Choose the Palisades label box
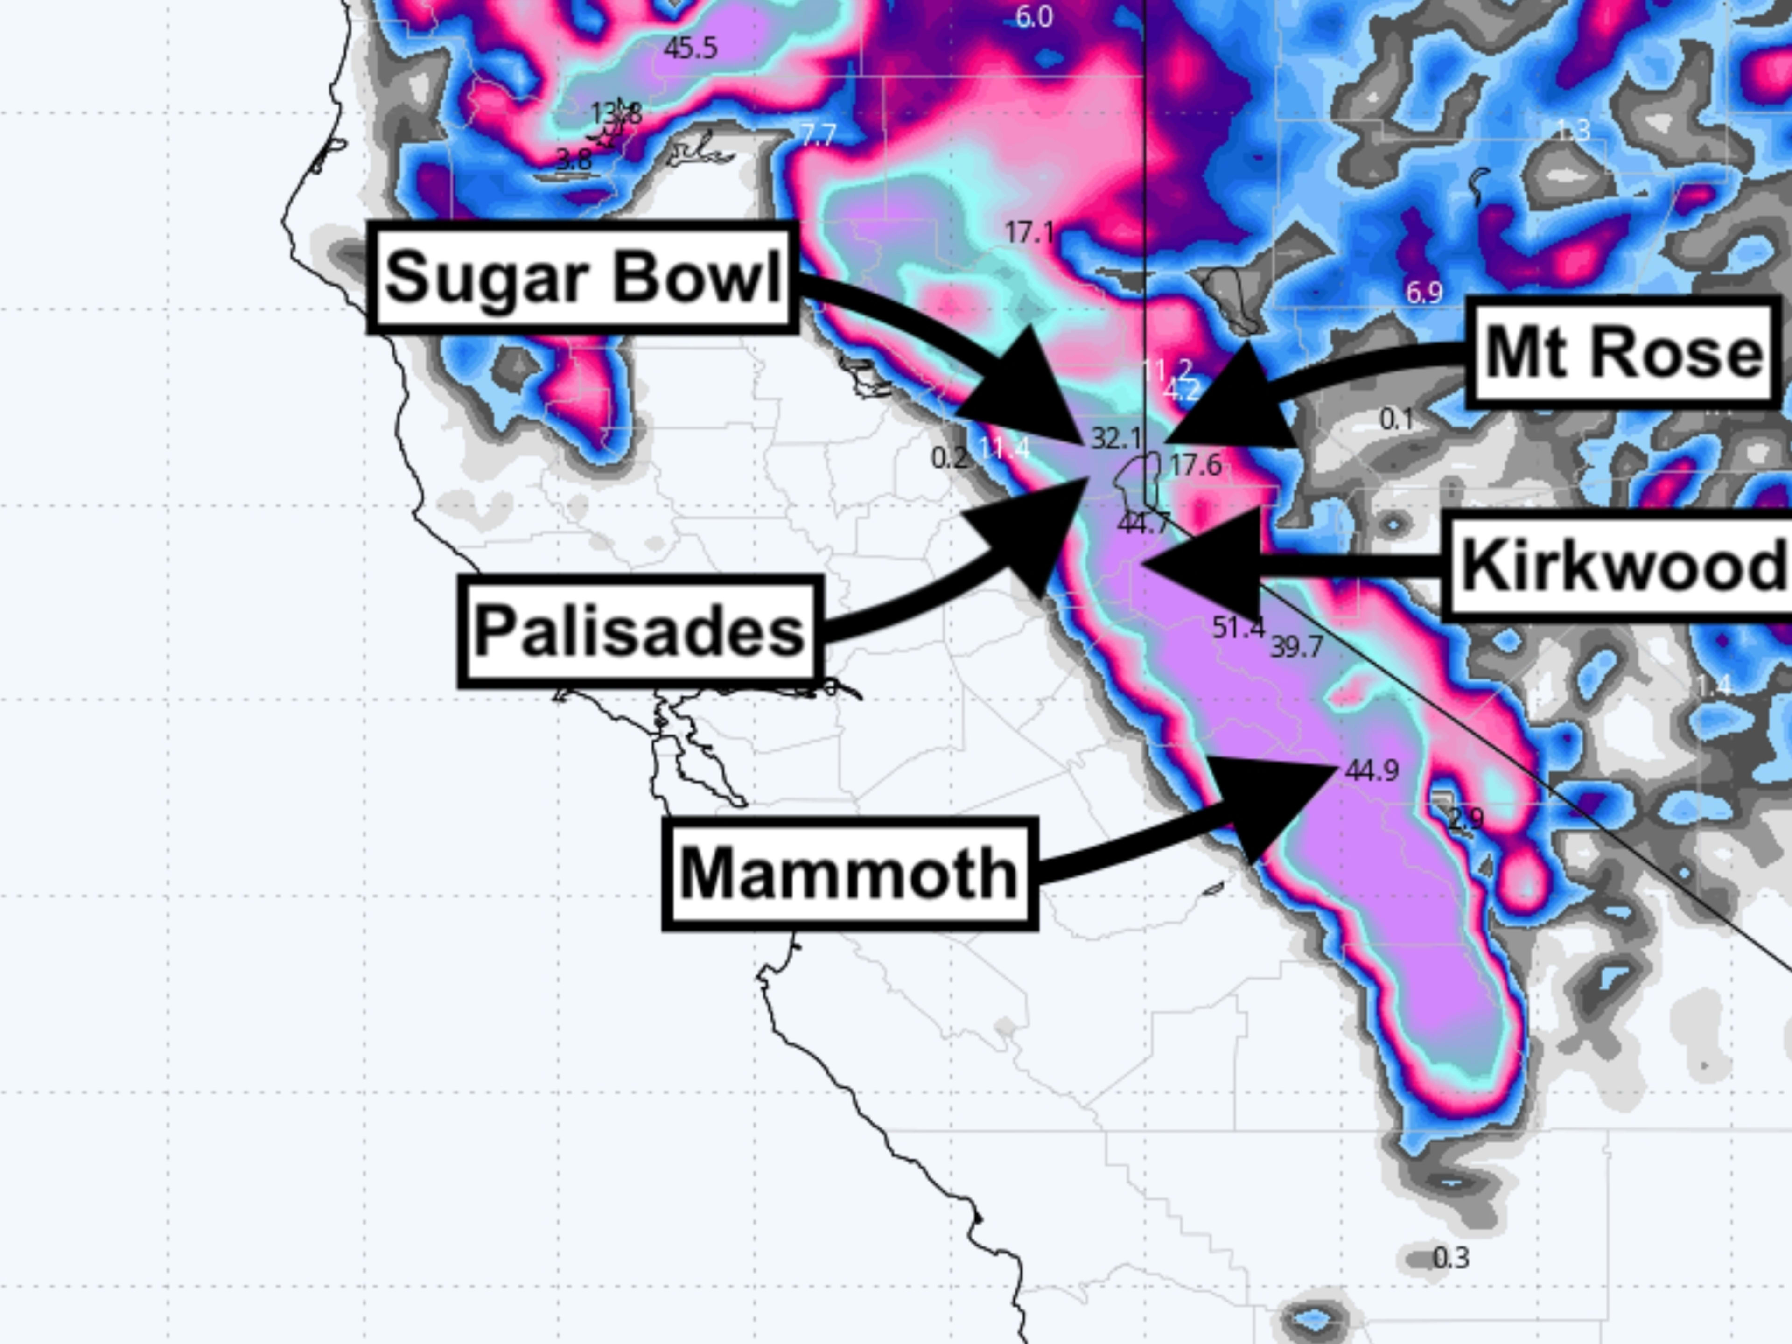(640, 631)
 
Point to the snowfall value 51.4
(1238, 627)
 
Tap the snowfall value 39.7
(1296, 646)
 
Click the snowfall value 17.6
(1196, 465)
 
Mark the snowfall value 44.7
(1143, 524)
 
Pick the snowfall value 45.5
(690, 49)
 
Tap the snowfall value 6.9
(1423, 293)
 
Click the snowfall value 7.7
(818, 134)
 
